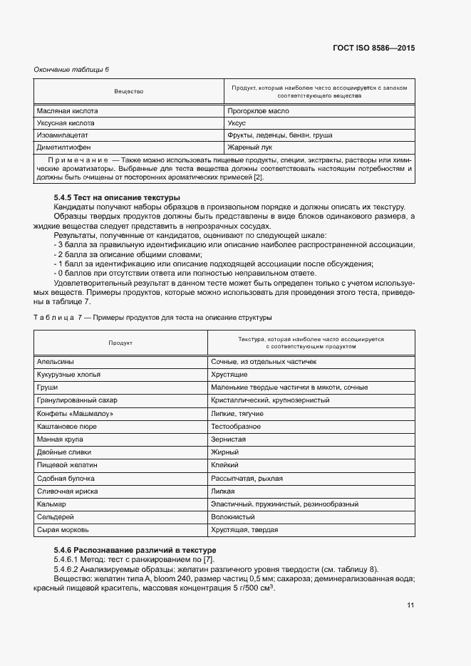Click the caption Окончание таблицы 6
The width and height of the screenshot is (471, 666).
point(71,69)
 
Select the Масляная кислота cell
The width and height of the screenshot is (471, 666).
point(67,111)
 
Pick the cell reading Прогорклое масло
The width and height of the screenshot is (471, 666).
point(257,111)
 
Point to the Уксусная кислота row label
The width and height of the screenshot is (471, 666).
point(66,123)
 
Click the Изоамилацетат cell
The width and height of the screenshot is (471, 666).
point(63,135)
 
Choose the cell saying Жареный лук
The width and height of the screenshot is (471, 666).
point(247,147)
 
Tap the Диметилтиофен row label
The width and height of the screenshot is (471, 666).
point(65,147)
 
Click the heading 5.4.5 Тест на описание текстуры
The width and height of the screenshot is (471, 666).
point(117,197)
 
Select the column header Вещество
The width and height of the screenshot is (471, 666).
point(129,92)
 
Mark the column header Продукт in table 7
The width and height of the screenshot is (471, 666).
point(120,343)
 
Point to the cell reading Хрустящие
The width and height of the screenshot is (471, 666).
point(230,375)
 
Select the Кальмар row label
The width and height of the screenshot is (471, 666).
point(51,504)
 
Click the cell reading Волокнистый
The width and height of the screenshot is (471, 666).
point(232,517)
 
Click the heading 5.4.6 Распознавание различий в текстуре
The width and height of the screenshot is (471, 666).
point(135,551)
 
